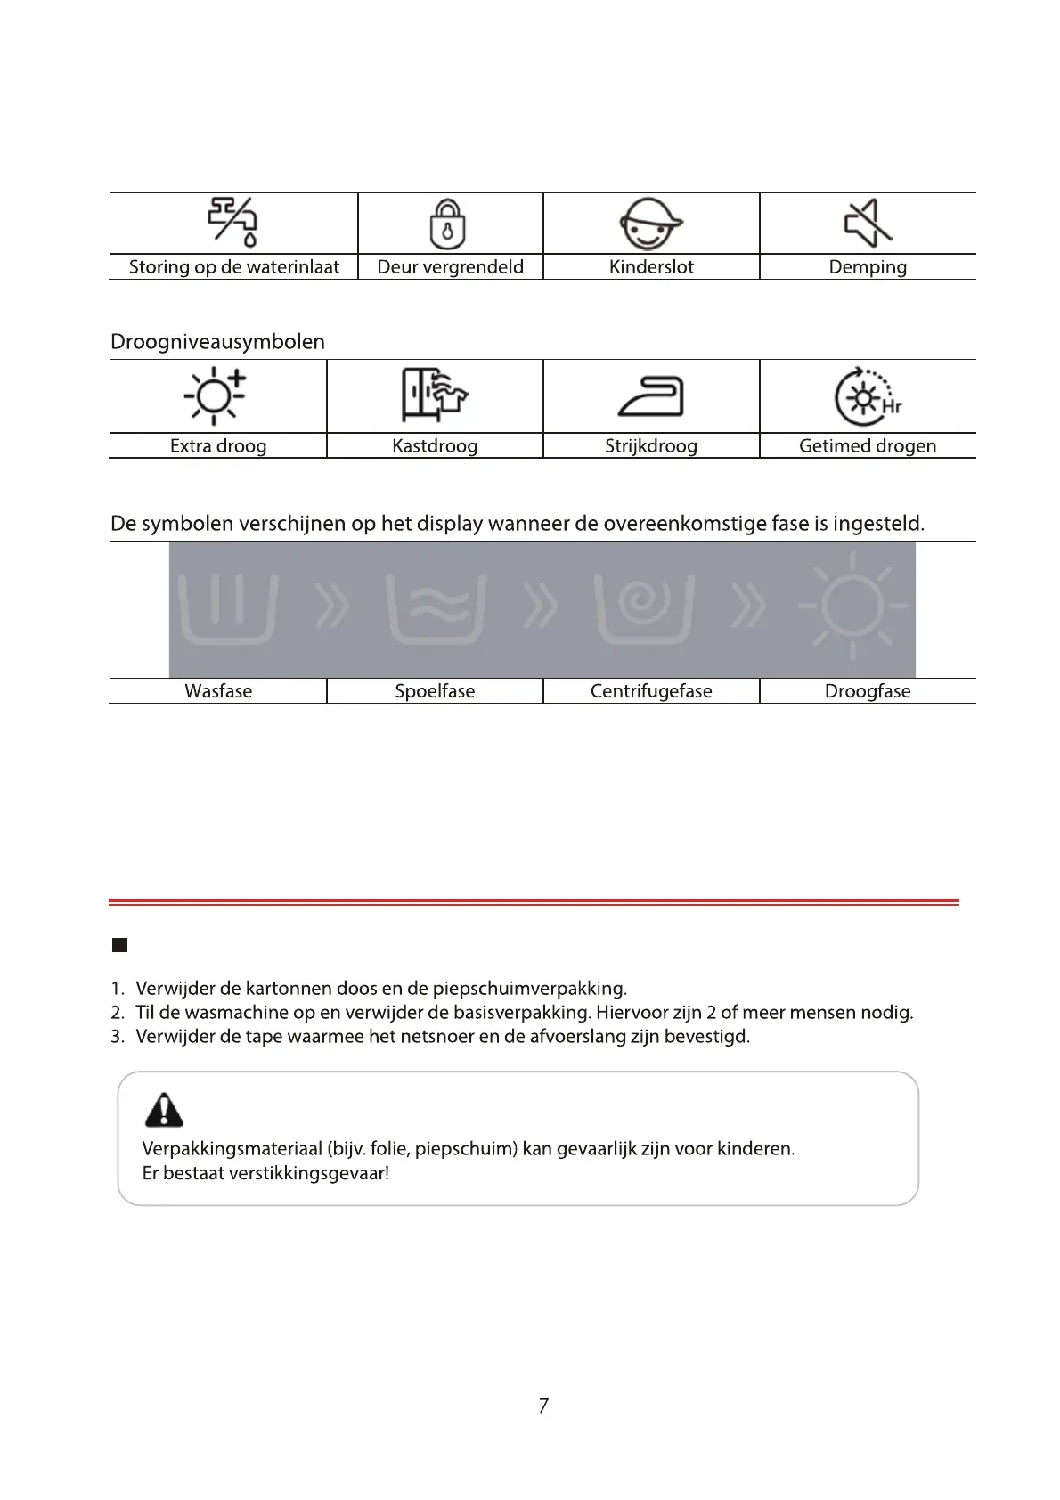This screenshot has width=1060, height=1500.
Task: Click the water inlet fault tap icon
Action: (233, 221)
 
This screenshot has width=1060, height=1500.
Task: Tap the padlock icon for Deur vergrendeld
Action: (448, 223)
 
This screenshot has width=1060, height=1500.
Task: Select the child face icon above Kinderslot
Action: (650, 223)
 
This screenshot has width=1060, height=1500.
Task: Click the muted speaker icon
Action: (868, 222)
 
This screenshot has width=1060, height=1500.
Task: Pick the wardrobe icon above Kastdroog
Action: (434, 395)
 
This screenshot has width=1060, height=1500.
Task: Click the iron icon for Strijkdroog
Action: (651, 396)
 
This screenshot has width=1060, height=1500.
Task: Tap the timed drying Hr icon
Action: (867, 397)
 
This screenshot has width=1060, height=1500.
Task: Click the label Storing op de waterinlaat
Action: (234, 267)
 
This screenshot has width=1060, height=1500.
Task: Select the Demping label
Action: (868, 267)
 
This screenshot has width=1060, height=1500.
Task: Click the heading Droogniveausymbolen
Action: (217, 342)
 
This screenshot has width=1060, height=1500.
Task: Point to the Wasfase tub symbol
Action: (228, 608)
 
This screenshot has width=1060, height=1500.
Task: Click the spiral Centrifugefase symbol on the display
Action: (644, 608)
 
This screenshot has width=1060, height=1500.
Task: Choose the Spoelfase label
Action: (435, 691)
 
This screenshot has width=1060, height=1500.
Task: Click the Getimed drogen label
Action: (868, 446)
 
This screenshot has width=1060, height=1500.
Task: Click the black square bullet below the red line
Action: (120, 945)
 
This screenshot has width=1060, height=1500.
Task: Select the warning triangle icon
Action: (164, 1110)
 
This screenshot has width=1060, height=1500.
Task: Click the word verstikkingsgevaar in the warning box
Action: (308, 1173)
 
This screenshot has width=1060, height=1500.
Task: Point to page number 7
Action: (543, 1406)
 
